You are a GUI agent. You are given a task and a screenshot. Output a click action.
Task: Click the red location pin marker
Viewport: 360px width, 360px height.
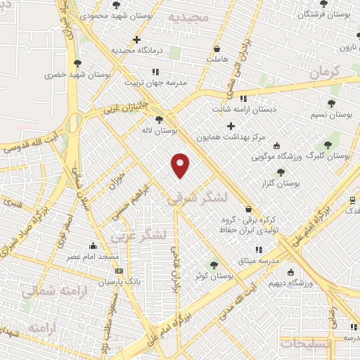(x=181, y=165)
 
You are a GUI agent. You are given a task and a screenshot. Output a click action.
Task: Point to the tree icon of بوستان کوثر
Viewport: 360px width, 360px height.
(x=214, y=265)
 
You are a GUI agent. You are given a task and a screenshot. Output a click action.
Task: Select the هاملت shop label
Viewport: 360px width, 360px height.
(x=219, y=60)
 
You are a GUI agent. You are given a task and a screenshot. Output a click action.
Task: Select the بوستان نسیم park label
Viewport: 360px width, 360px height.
(x=330, y=114)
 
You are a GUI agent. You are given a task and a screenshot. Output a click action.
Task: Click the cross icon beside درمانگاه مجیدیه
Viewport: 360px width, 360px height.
(x=136, y=40)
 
